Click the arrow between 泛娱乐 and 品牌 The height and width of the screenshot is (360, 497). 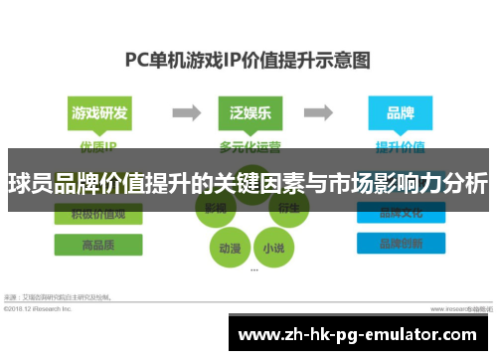[323, 112]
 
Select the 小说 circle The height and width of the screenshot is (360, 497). [272, 247]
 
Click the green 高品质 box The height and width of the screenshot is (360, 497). [99, 245]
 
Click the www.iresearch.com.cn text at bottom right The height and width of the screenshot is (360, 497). [452, 308]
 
